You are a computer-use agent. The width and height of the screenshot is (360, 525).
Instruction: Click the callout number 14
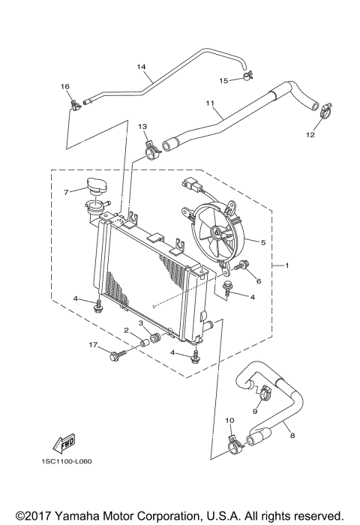point(140,67)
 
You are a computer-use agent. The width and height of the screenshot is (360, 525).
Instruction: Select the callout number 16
point(64,87)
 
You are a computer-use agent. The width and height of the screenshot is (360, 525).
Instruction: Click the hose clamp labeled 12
point(324,114)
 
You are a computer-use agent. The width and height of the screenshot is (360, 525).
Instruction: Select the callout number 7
point(66,192)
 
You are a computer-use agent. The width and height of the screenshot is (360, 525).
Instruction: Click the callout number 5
point(262,242)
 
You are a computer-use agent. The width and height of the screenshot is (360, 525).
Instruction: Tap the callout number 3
point(139,322)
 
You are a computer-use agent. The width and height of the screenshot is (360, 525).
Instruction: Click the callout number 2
point(127,330)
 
